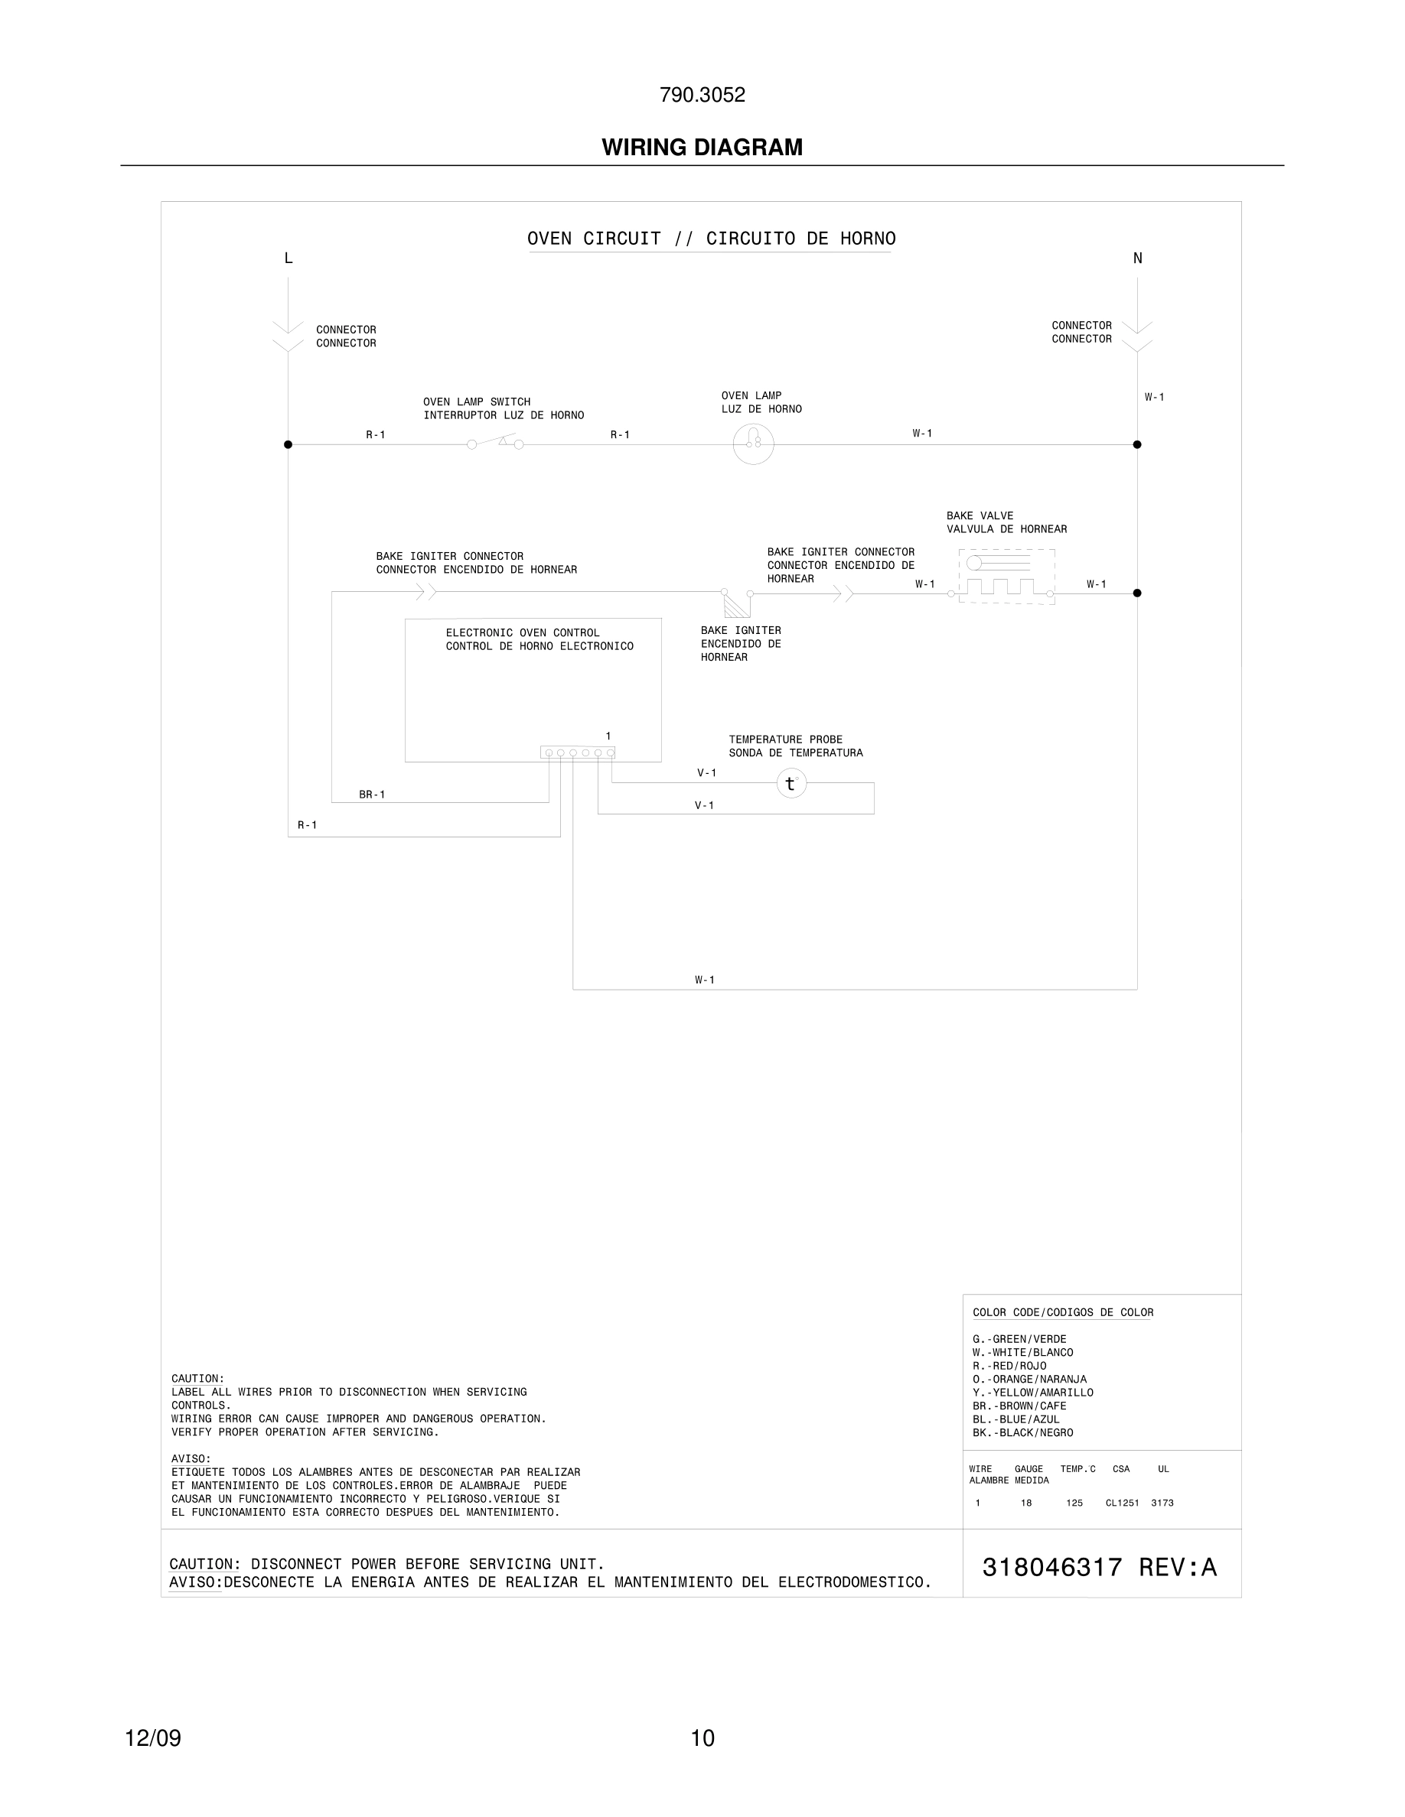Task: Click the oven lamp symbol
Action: (753, 444)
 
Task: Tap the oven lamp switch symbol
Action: (495, 443)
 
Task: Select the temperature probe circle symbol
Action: (791, 783)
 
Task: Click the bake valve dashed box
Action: (1006, 577)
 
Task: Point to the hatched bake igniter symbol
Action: (736, 605)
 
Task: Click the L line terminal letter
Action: (288, 258)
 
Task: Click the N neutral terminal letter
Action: (1137, 258)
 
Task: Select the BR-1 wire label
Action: (372, 795)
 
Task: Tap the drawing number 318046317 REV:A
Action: (1099, 1568)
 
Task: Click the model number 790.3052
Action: (702, 96)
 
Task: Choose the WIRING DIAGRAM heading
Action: (702, 148)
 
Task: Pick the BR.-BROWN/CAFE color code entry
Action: (1019, 1406)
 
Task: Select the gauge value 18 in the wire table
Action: (1026, 1503)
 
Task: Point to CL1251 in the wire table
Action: (1121, 1503)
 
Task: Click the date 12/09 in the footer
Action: (153, 1738)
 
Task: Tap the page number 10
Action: (702, 1738)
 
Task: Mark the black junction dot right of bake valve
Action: (1137, 593)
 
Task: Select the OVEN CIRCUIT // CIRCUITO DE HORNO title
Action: (711, 239)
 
